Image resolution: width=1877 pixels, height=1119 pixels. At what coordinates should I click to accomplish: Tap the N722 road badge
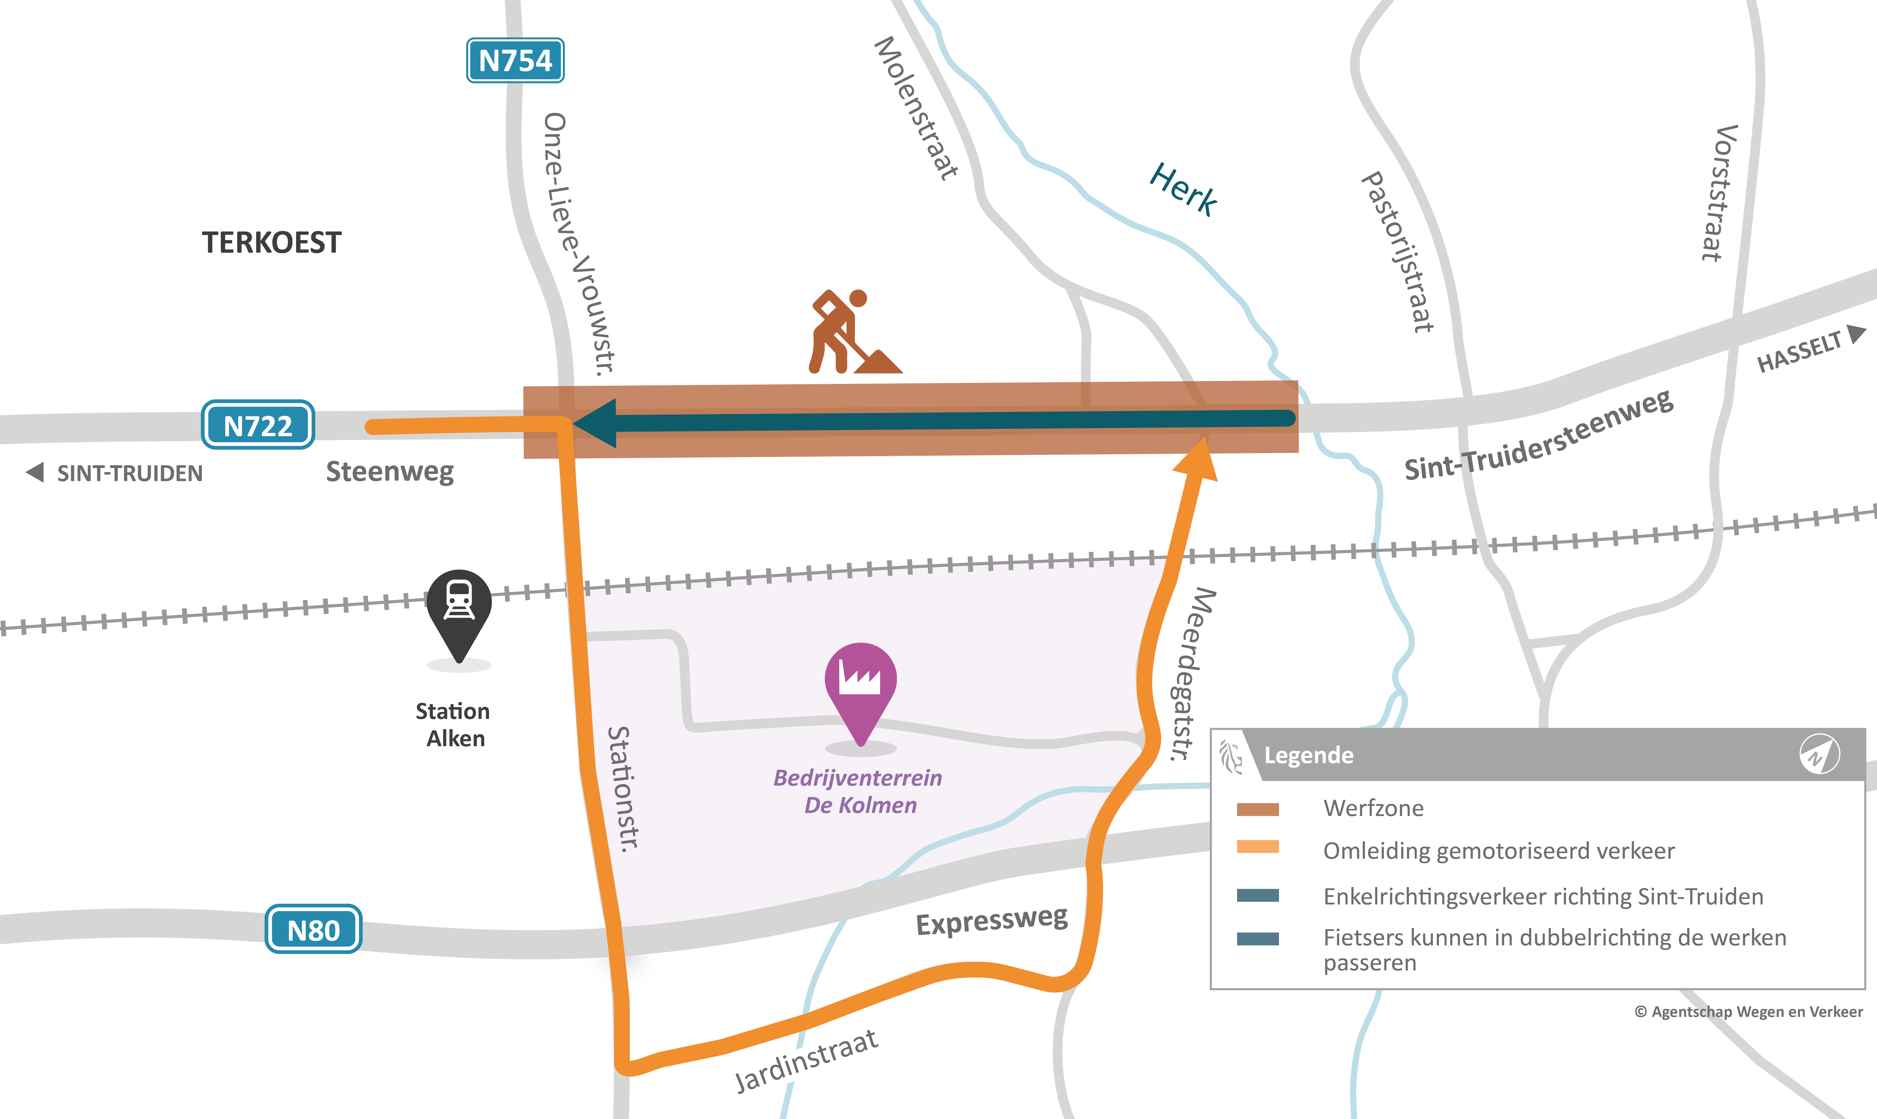pos(258,425)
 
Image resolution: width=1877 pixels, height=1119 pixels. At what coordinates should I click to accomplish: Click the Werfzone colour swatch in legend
pos(1257,809)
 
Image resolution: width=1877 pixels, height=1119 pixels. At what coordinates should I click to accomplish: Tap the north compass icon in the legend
pos(1819,754)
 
